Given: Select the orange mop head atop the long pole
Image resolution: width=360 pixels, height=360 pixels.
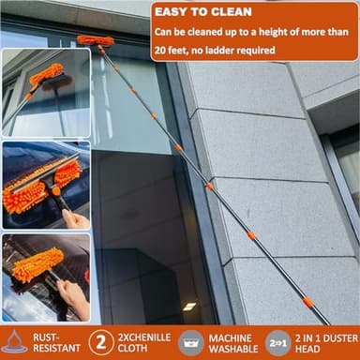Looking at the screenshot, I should click(x=96, y=40).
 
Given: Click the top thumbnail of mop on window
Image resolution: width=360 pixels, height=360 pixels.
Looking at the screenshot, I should click(x=46, y=92).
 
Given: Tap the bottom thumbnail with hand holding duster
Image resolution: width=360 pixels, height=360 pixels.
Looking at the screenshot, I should click(x=46, y=277).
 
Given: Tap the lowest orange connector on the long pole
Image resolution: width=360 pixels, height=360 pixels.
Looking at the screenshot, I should click(x=307, y=303).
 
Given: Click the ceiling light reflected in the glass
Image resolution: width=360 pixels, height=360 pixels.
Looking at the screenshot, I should click(x=190, y=307).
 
